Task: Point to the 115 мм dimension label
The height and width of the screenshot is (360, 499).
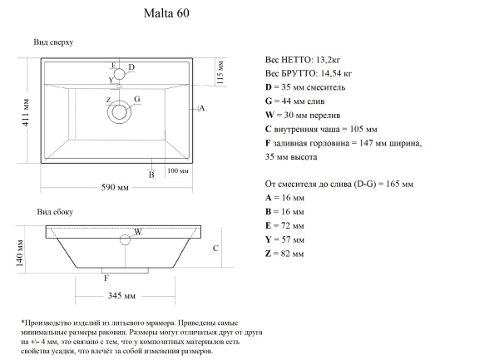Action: click(x=220, y=72)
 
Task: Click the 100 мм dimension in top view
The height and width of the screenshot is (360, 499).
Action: click(x=178, y=170)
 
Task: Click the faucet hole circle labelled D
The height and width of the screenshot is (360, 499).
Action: click(x=119, y=72)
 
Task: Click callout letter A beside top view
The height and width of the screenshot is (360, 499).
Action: click(x=202, y=109)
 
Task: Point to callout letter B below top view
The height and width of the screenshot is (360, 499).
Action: click(x=151, y=174)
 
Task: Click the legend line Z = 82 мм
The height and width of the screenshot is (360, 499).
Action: click(x=284, y=252)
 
